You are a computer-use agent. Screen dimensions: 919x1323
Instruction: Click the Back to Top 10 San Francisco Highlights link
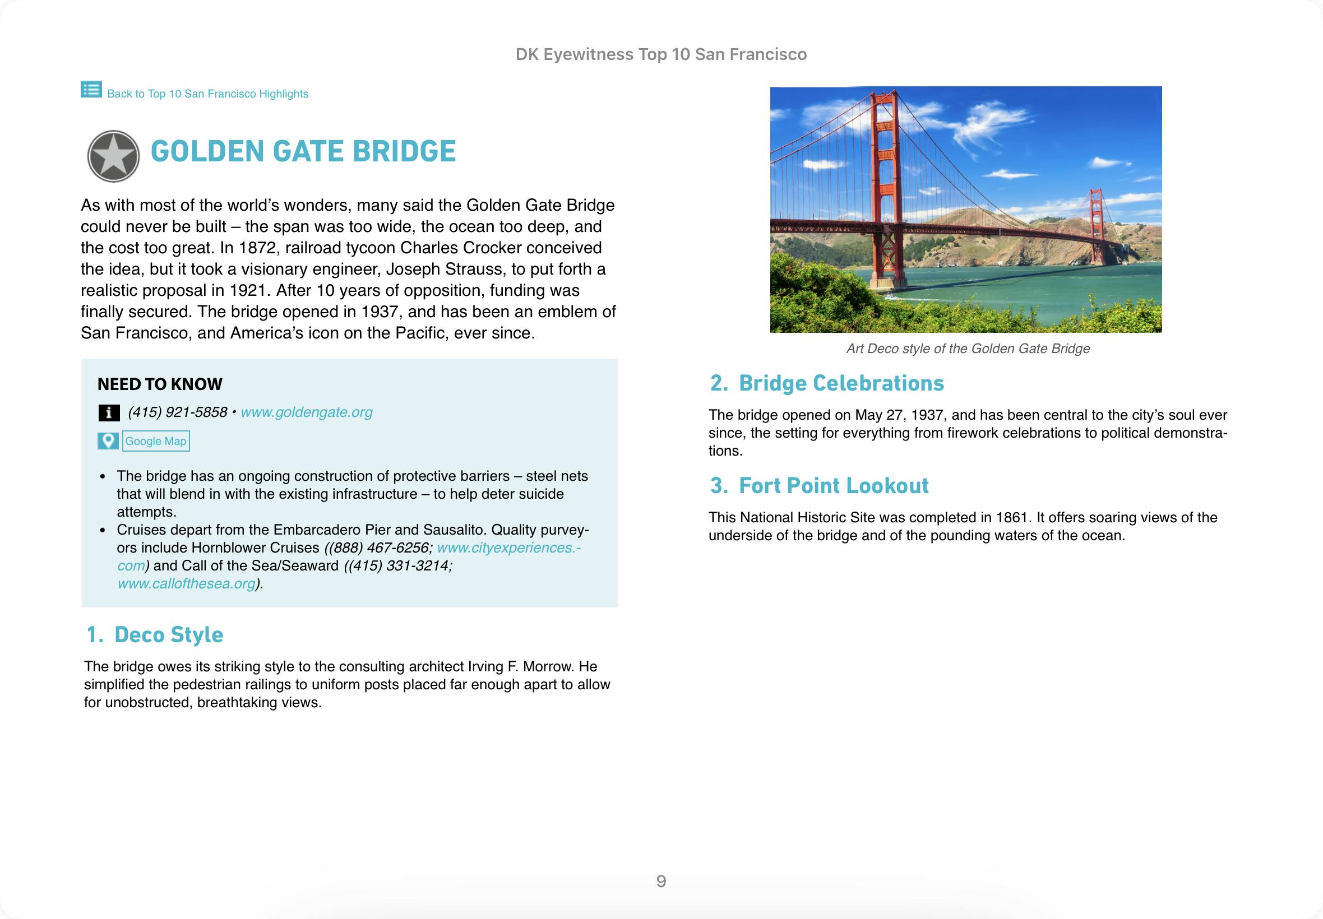(207, 94)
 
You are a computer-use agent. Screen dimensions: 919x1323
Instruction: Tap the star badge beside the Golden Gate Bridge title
(113, 156)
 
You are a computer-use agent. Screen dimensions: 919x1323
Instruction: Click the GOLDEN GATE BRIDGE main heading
(303, 151)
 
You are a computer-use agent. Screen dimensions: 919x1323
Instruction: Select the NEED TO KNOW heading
(160, 384)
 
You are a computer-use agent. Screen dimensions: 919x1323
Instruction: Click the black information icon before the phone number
(109, 413)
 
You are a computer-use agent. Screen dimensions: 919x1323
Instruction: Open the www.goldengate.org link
(307, 412)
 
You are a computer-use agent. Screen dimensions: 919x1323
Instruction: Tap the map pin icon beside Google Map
(108, 441)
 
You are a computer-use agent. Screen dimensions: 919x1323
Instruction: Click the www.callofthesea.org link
(186, 584)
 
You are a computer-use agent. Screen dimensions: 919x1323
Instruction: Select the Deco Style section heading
(168, 634)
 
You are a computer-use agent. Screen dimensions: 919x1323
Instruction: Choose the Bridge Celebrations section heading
(841, 383)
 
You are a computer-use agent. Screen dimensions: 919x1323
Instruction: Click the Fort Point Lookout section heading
(834, 486)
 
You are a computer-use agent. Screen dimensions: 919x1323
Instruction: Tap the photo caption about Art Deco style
(968, 349)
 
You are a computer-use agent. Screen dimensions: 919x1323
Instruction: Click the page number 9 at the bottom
(661, 881)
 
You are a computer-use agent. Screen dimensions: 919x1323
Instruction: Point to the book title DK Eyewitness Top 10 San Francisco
(661, 55)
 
